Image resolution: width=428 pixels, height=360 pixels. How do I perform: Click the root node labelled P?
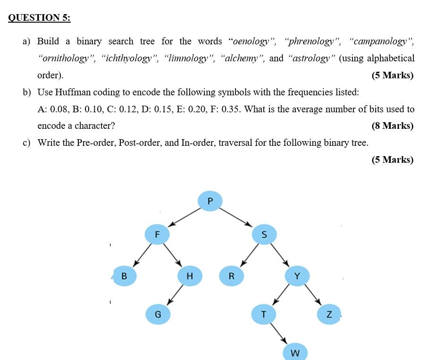click(x=210, y=201)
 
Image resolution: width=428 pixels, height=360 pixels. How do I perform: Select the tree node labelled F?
click(x=157, y=234)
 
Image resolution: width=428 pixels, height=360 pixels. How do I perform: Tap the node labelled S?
click(x=264, y=234)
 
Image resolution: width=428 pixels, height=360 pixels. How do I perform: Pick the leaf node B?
click(x=124, y=276)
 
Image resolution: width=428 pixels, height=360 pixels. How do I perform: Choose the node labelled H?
click(x=189, y=276)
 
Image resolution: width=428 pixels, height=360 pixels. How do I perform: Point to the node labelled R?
click(x=231, y=276)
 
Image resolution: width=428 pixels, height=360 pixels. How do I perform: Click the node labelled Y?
click(x=297, y=276)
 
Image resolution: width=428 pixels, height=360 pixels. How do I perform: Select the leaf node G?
click(x=158, y=314)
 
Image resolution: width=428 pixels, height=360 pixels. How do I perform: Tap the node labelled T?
click(x=263, y=314)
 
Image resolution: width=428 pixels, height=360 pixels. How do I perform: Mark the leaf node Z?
click(x=329, y=314)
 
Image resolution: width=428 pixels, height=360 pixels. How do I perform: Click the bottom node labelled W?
click(x=295, y=352)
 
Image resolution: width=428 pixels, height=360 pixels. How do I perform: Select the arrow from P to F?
click(x=185, y=217)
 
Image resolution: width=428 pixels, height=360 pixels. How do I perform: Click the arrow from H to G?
click(x=174, y=295)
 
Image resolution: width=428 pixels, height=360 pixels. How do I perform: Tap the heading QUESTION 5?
click(x=39, y=17)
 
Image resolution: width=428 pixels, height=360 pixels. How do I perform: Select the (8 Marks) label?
click(x=392, y=126)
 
